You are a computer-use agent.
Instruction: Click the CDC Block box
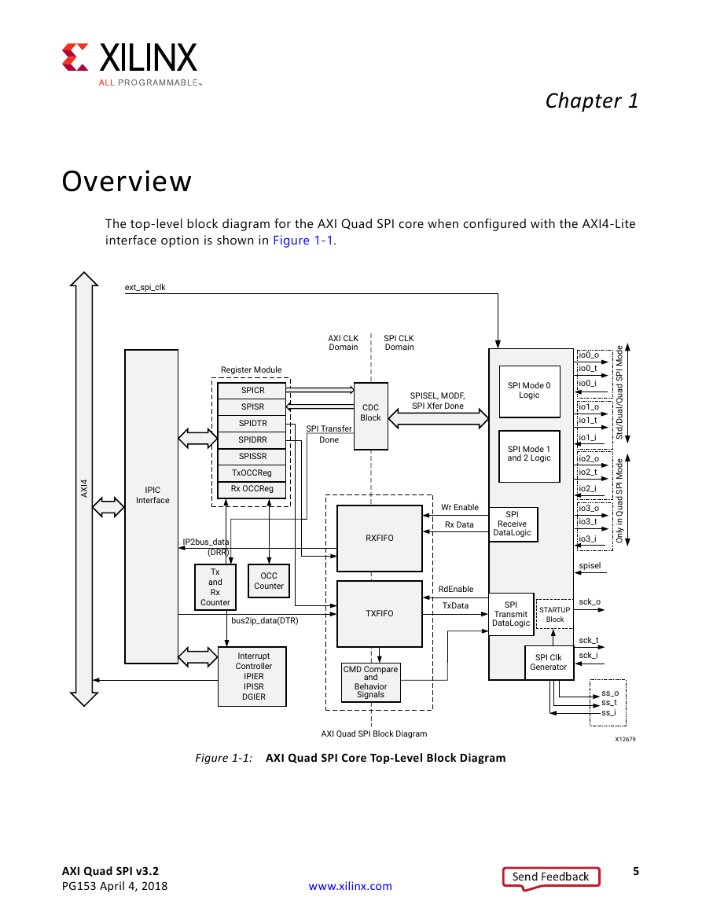point(371,416)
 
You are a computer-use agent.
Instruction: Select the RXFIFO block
point(380,538)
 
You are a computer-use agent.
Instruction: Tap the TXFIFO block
point(380,614)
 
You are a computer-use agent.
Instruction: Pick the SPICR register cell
point(252,390)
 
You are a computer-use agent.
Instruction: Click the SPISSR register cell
point(252,456)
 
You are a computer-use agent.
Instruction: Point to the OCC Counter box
point(269,581)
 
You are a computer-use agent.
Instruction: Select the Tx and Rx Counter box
point(215,587)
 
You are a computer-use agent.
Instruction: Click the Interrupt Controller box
point(252,676)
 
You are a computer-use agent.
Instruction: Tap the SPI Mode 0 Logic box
point(529,392)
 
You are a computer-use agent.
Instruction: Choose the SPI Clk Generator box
point(549,663)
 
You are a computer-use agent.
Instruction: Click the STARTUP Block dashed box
point(555,615)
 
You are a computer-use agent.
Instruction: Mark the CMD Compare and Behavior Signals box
point(371,682)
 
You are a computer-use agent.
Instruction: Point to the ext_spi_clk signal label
point(145,287)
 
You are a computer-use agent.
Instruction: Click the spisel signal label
point(590,566)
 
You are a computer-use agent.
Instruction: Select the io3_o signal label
point(589,509)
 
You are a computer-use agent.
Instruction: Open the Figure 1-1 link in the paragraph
point(303,241)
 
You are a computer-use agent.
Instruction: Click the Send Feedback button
point(551,877)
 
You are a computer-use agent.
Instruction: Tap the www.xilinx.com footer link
point(350,886)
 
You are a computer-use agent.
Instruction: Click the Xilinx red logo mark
point(75,57)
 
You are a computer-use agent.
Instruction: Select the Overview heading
point(127,182)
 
